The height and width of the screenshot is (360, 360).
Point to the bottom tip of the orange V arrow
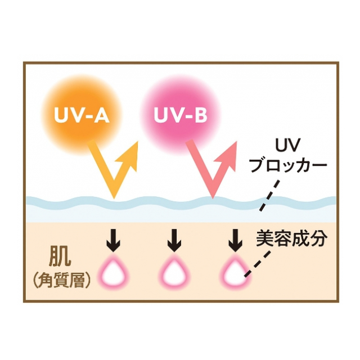point(114,199)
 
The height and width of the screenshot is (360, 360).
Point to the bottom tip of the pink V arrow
point(213,199)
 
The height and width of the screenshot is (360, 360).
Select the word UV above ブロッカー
point(288,146)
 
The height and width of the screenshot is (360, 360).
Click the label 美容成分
point(291,238)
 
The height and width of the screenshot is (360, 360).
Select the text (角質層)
point(61,281)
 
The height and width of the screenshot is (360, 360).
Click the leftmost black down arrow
point(114,240)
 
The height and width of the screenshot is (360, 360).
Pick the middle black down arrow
point(174,240)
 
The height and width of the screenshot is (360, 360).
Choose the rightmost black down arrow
point(236,240)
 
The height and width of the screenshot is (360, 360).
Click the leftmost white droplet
point(114,273)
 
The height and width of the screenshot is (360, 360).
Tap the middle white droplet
point(174,273)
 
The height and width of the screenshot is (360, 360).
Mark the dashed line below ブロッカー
point(269,195)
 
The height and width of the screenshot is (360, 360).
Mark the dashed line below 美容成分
point(258,264)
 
